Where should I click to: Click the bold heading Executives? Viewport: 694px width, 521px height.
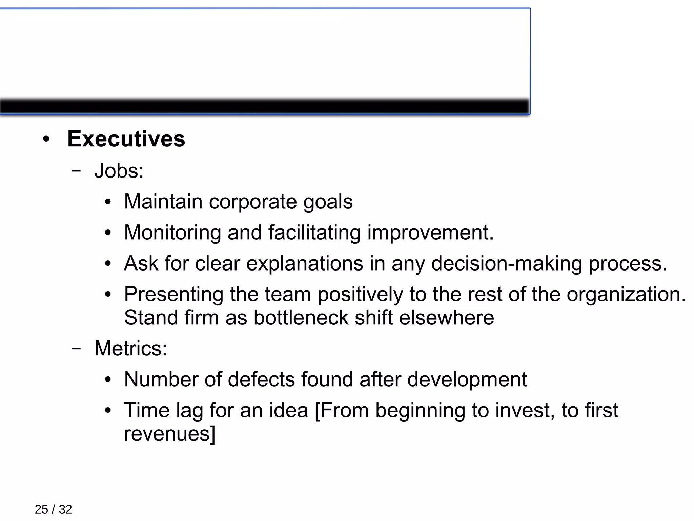126,139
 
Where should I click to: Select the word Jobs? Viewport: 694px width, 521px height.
119,170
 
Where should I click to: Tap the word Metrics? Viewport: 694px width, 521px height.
130,348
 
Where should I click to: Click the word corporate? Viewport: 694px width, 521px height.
253,202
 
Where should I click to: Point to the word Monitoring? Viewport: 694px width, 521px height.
172,233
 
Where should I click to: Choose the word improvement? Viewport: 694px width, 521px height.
430,233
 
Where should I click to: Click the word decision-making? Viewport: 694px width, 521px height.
507,263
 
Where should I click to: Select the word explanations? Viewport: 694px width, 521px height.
305,263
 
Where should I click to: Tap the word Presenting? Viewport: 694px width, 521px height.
173,294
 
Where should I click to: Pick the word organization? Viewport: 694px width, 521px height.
626,294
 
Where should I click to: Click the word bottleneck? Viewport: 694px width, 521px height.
301,318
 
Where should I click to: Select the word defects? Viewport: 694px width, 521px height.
261,379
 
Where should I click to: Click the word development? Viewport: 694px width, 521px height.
467,379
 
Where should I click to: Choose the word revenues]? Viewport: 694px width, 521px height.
169,434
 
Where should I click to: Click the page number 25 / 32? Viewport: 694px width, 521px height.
53,509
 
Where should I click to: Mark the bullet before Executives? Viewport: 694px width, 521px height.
46,139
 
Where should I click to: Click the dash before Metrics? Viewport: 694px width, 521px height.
77,349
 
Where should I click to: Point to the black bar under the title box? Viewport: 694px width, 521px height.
264,107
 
